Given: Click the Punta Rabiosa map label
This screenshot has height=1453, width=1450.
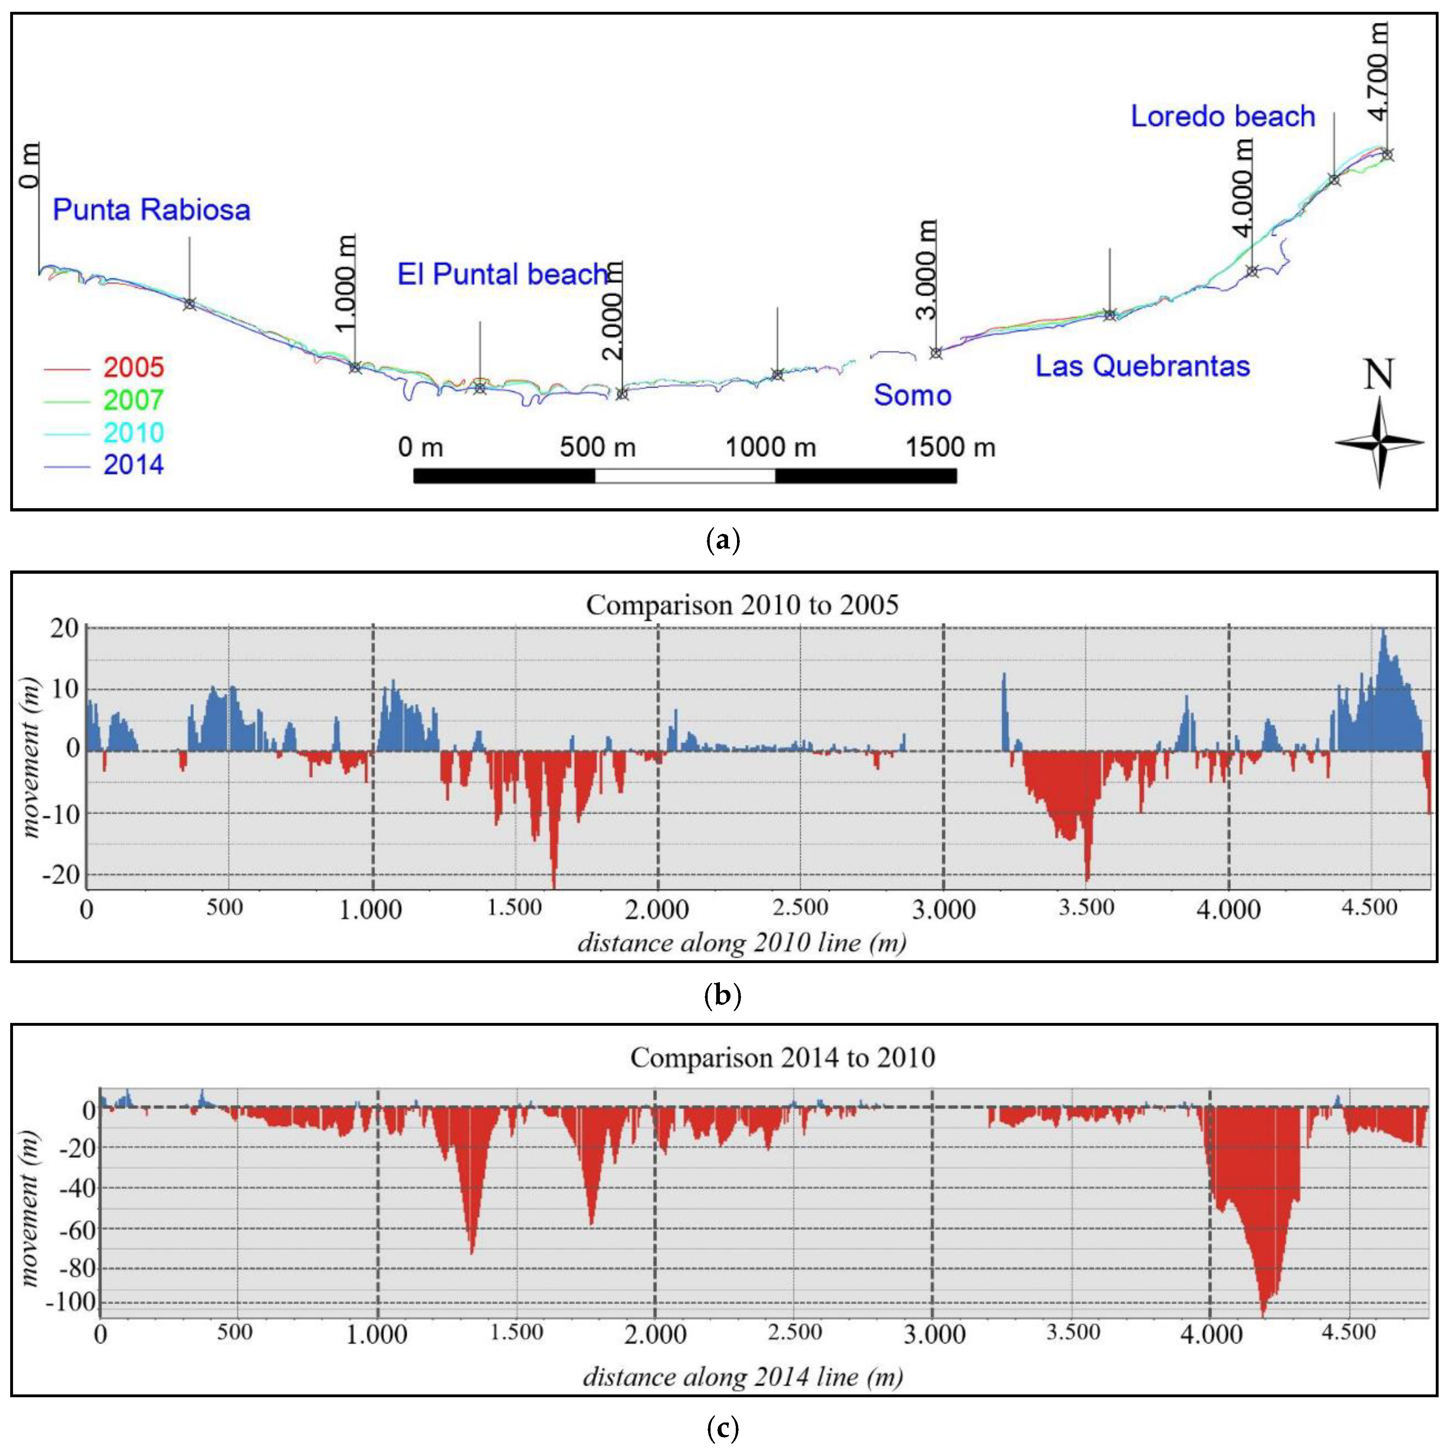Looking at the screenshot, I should pos(151,210).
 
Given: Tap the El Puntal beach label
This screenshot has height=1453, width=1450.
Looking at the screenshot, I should pos(502,275).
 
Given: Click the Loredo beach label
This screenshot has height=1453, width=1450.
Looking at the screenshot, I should pos(1223,117).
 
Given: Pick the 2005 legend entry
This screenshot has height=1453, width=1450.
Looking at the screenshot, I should pos(133,368).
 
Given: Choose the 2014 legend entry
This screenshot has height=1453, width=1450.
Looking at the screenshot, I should pos(133,465).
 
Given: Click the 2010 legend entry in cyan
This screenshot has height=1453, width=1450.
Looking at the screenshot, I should pos(133,433).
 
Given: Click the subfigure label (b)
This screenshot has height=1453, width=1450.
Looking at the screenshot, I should pos(722,996).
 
